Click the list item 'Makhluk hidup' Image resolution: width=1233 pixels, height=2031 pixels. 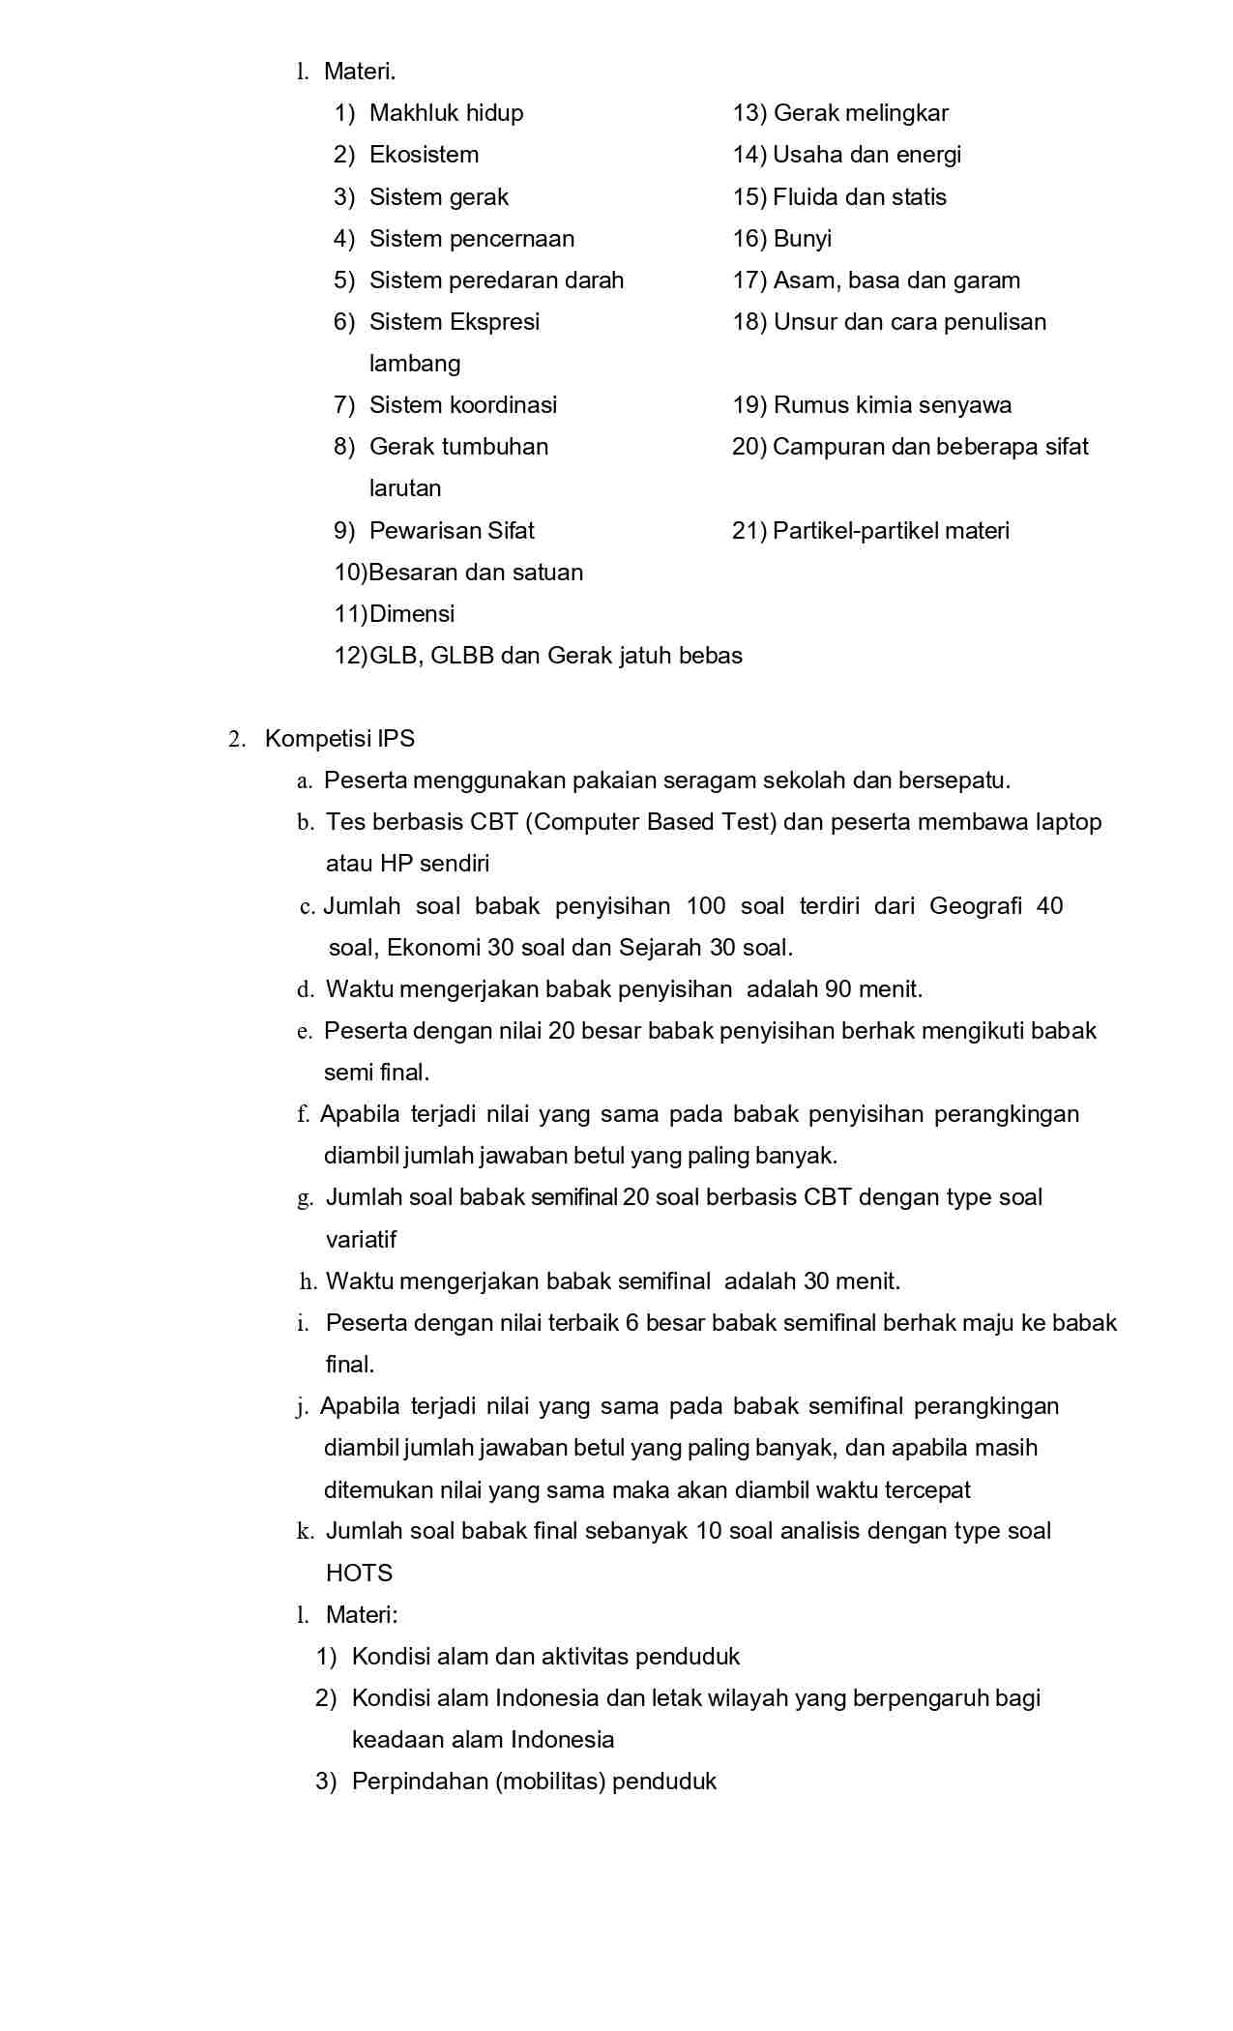pyautogui.click(x=446, y=113)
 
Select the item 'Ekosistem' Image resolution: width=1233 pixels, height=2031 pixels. pyautogui.click(x=424, y=155)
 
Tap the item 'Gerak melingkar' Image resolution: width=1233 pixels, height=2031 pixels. pyautogui.click(x=861, y=113)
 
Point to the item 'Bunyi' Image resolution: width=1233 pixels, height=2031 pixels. pyautogui.click(x=802, y=239)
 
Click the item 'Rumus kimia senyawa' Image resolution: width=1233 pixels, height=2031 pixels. pyautogui.click(x=892, y=405)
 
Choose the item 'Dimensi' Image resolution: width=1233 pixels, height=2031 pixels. pyautogui.click(x=412, y=614)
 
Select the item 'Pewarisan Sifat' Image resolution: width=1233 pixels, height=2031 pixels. pyautogui.click(x=452, y=531)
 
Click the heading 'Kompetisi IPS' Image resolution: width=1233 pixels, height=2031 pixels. pyautogui.click(x=339, y=739)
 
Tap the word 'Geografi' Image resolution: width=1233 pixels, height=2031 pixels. pyautogui.click(x=975, y=906)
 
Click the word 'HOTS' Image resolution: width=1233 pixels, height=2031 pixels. pyautogui.click(x=359, y=1574)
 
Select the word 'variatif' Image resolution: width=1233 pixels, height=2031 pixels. pyautogui.click(x=361, y=1240)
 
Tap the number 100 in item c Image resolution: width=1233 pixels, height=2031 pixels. pyautogui.click(x=705, y=906)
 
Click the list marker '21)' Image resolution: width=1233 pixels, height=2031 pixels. pyautogui.click(x=749, y=531)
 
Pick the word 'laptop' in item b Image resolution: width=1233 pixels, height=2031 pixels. pyautogui.click(x=1068, y=822)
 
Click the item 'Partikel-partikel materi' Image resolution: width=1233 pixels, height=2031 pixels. pyautogui.click(x=891, y=531)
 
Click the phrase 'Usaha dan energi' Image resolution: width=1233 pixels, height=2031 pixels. pyautogui.click(x=866, y=155)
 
